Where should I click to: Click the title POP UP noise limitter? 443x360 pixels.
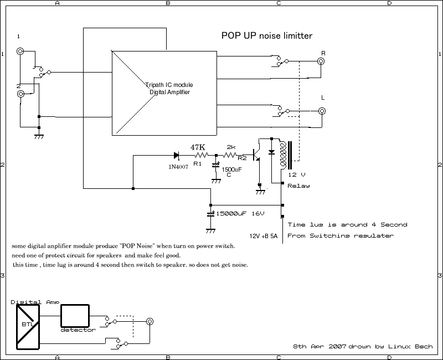267,36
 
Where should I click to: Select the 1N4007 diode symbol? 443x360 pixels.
177,156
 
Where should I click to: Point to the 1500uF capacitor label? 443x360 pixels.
231,169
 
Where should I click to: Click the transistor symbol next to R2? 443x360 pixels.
257,155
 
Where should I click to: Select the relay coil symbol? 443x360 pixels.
285,156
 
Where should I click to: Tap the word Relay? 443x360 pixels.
298,186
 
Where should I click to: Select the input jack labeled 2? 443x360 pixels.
20,94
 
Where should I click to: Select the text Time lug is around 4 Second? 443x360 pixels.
347,225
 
